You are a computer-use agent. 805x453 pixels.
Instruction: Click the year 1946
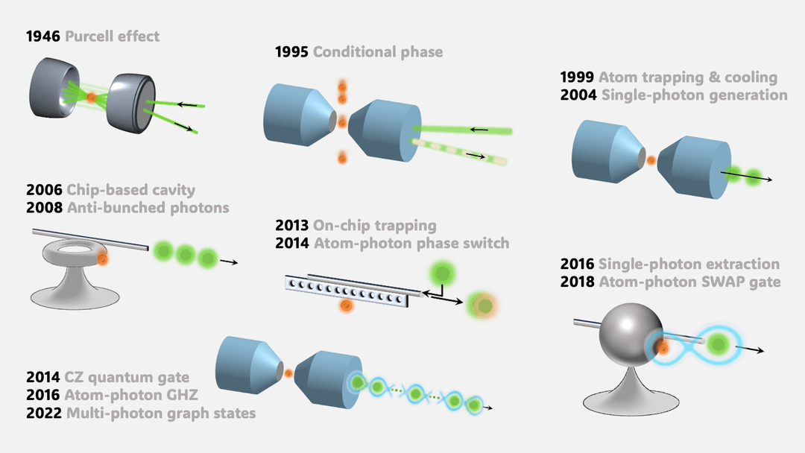click(x=42, y=36)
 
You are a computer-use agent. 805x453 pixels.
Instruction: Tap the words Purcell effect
click(x=112, y=36)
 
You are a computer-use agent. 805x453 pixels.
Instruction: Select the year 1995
click(x=291, y=52)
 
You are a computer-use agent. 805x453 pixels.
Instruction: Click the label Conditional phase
click(x=377, y=52)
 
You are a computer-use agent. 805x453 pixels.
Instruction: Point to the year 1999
click(x=576, y=77)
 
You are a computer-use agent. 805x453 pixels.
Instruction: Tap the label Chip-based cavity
click(x=130, y=190)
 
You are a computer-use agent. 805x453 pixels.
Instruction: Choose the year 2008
click(x=42, y=207)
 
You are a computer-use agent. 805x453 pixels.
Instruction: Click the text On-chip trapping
click(x=375, y=225)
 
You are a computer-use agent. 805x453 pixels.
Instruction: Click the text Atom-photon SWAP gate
click(x=689, y=282)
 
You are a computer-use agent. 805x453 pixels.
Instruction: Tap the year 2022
click(x=42, y=412)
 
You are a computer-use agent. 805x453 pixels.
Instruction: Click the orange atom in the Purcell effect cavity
click(x=92, y=97)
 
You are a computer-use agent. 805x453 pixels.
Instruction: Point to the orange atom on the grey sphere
click(x=660, y=347)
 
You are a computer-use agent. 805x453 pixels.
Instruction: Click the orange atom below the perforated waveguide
click(x=345, y=306)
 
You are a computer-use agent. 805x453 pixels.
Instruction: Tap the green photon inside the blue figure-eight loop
click(x=716, y=344)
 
